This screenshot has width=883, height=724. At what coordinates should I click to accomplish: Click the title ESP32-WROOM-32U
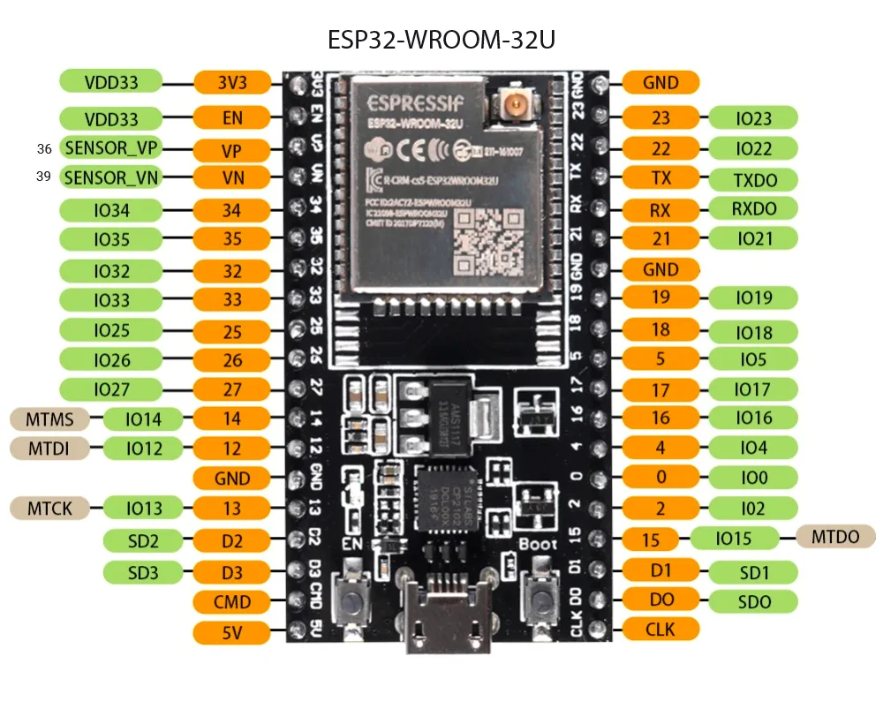(x=441, y=41)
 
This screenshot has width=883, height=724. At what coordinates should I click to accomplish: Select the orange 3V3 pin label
(x=232, y=83)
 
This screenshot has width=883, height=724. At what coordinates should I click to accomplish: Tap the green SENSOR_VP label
(x=110, y=147)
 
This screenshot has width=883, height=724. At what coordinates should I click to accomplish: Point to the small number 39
(x=43, y=177)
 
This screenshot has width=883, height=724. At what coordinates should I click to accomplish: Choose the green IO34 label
(x=110, y=211)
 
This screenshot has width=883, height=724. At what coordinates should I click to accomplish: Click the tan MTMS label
(x=50, y=418)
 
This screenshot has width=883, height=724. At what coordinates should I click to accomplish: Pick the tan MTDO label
(x=835, y=536)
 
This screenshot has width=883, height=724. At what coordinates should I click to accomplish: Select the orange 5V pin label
(x=232, y=632)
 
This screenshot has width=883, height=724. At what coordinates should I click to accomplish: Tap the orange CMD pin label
(x=232, y=602)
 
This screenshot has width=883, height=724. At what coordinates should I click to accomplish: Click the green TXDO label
(x=755, y=179)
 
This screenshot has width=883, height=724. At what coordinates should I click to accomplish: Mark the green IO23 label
(x=753, y=118)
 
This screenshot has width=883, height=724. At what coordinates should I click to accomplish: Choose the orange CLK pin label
(x=660, y=630)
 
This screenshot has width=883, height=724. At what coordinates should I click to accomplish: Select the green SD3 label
(x=142, y=572)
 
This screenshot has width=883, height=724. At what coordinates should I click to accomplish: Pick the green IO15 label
(x=734, y=538)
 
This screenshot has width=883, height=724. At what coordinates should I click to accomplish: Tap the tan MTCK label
(x=49, y=508)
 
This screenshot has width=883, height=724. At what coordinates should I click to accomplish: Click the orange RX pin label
(x=660, y=210)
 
